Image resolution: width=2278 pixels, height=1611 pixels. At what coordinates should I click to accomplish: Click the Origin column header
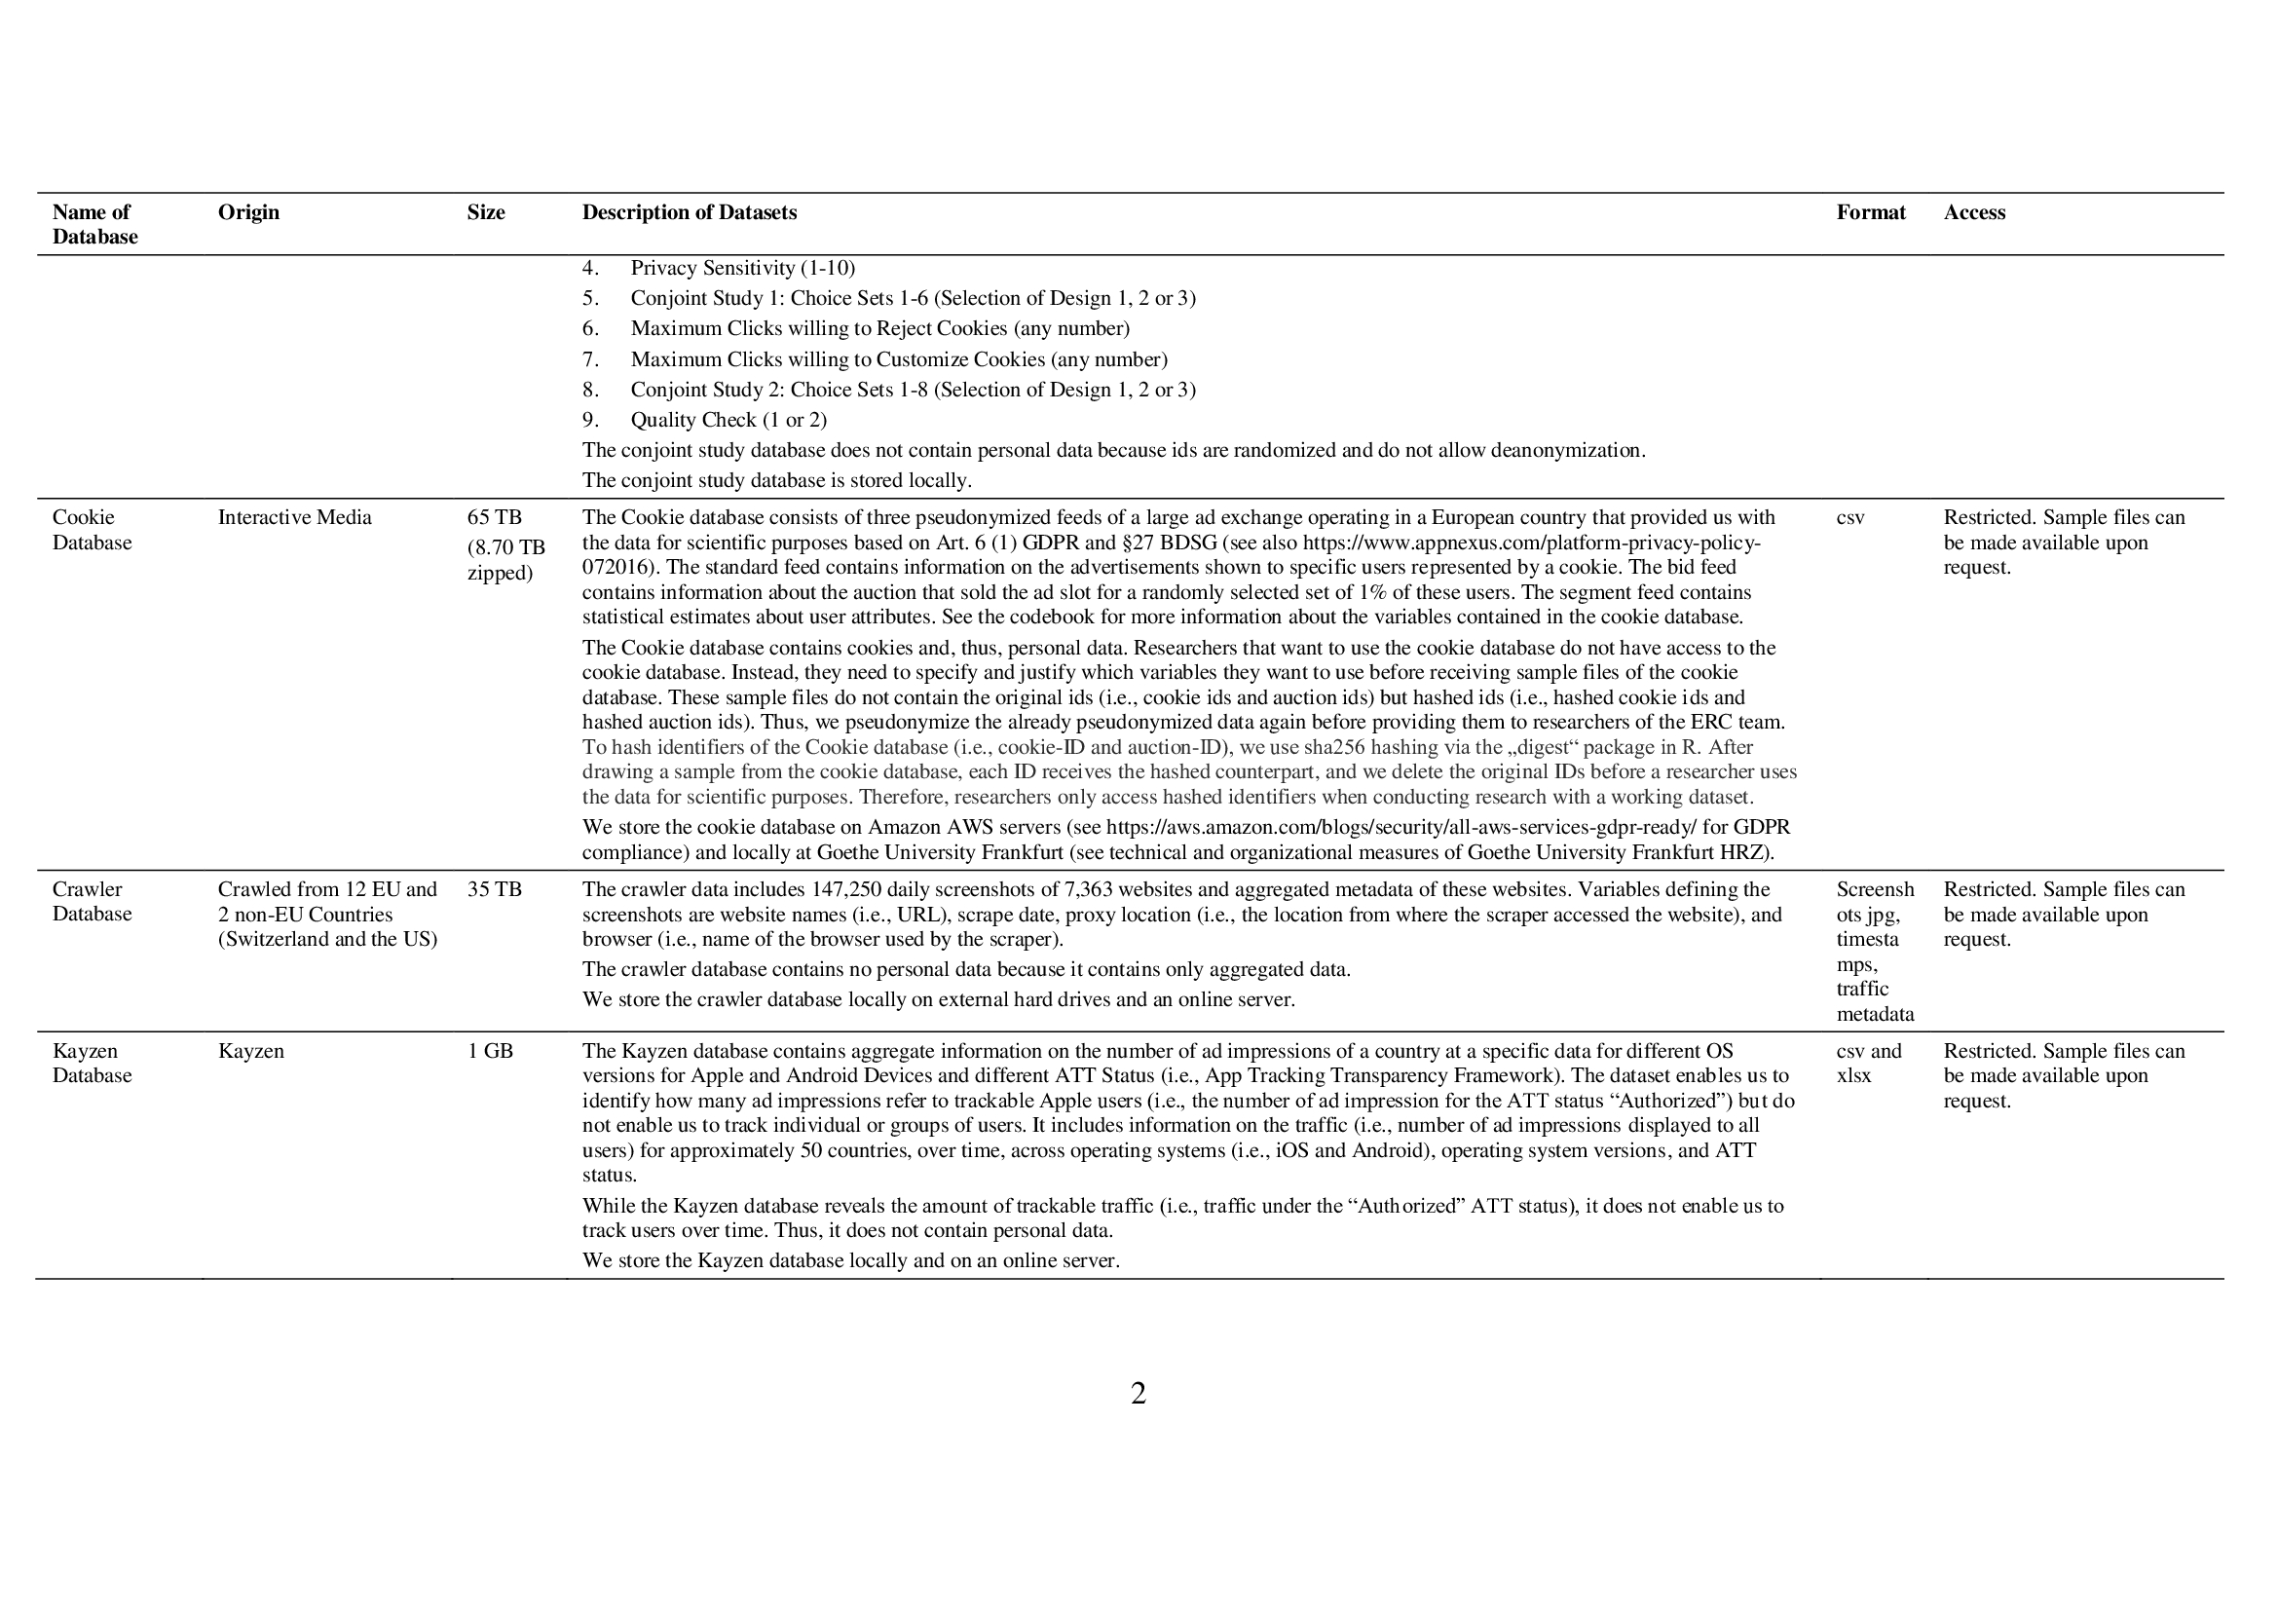[x=248, y=212]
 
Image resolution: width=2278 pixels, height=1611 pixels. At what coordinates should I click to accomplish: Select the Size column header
[x=485, y=212]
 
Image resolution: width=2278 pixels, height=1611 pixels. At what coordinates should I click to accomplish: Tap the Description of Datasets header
[x=689, y=212]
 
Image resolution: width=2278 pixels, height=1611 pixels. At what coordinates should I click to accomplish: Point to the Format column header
[x=1870, y=212]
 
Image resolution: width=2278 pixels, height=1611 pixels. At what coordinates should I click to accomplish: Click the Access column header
[x=1973, y=212]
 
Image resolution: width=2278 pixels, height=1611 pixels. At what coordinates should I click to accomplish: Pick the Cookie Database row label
[x=92, y=530]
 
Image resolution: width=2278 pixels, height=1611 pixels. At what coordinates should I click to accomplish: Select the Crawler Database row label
[x=92, y=901]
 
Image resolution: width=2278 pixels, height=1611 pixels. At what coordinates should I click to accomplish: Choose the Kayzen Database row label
[x=92, y=1063]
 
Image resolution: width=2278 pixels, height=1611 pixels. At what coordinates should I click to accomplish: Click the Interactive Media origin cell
[x=295, y=517]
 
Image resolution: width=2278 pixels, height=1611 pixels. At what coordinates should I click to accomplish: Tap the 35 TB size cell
[x=494, y=889]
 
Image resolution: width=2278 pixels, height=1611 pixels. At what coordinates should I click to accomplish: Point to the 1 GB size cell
[x=490, y=1051]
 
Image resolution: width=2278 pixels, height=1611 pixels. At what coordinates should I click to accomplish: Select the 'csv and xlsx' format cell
[x=1868, y=1063]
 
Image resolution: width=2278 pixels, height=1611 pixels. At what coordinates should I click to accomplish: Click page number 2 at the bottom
[x=1138, y=1394]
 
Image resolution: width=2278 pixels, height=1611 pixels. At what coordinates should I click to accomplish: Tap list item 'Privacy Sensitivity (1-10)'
[x=742, y=268]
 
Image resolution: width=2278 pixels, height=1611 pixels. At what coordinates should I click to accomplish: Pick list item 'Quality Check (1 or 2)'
[x=728, y=420]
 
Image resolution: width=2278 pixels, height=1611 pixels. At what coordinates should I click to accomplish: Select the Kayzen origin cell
[x=251, y=1051]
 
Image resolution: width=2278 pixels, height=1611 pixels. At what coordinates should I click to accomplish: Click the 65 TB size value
[x=494, y=517]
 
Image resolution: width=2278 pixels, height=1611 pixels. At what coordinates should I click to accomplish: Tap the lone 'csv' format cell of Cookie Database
[x=1849, y=517]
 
